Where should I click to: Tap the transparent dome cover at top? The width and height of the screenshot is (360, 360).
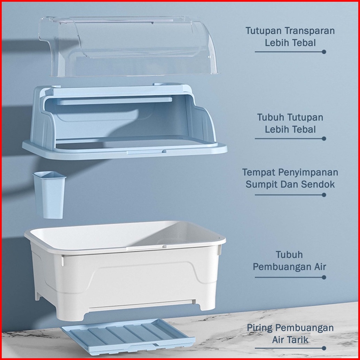click(x=128, y=46)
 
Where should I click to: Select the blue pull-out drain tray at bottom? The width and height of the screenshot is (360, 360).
click(x=128, y=338)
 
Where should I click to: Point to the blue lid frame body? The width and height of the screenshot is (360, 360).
click(x=125, y=122)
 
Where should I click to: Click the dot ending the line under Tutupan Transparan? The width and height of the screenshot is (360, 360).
click(x=324, y=52)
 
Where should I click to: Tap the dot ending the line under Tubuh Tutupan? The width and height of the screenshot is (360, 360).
click(x=324, y=139)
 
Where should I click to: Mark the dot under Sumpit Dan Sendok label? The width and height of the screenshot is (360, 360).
click(x=324, y=195)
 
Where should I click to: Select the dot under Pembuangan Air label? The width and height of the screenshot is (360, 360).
click(x=324, y=277)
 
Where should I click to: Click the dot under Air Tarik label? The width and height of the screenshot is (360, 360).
click(x=324, y=348)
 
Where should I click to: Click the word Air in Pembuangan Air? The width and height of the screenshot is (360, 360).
click(x=319, y=267)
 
